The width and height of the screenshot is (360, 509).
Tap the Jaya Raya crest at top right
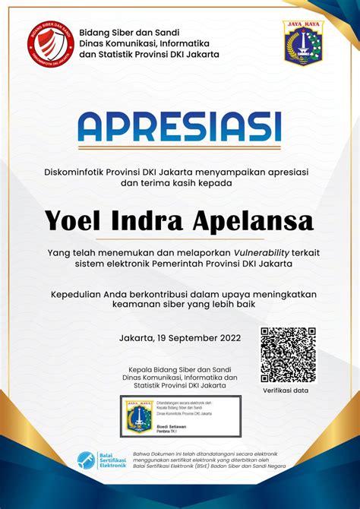[303, 43]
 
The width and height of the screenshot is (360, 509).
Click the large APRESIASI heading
[180, 127]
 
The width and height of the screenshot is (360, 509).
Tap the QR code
[288, 355]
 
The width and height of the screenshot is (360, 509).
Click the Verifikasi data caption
[286, 390]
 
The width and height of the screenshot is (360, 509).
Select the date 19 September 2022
[197, 337]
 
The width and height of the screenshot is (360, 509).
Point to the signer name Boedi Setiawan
[173, 425]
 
